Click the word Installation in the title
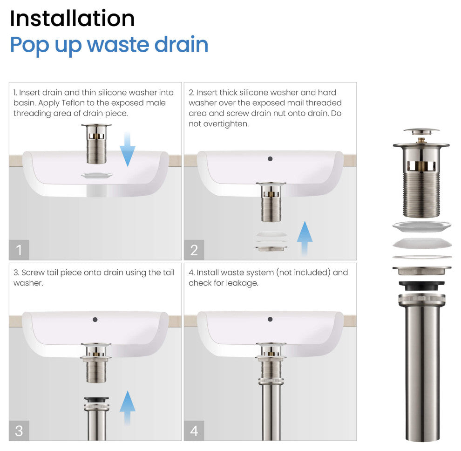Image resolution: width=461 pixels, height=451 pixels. (x=72, y=19)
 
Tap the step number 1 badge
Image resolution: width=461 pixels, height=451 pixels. (x=19, y=250)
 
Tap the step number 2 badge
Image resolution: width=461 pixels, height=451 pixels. (x=194, y=250)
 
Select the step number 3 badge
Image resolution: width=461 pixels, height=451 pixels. (x=19, y=430)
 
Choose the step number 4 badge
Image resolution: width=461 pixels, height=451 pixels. (x=194, y=430)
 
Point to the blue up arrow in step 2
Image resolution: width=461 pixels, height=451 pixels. (x=304, y=238)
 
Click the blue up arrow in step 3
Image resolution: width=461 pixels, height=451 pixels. (x=127, y=408)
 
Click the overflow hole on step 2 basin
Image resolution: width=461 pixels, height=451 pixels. (x=270, y=159)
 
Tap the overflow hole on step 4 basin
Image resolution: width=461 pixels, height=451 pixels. (x=270, y=319)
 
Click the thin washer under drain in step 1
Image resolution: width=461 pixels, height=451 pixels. (x=96, y=176)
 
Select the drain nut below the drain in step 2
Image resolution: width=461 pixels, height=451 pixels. (x=271, y=248)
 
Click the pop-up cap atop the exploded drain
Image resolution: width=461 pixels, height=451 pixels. (x=421, y=131)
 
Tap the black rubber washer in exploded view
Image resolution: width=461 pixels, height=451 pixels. (x=421, y=286)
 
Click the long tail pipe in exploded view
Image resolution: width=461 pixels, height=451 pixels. (x=421, y=373)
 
